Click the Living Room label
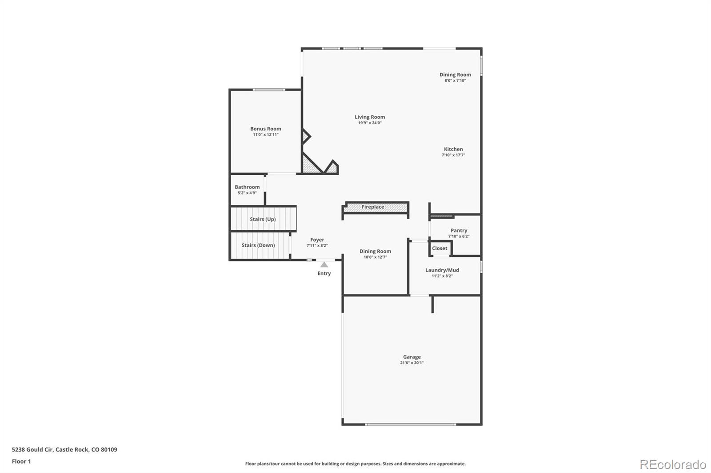pos(370,117)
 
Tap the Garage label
pos(411,357)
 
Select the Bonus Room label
pos(265,129)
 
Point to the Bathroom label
pos(247,187)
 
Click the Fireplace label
pos(372,207)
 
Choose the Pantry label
pos(459,231)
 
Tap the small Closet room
pos(439,248)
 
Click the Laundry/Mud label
pos(442,270)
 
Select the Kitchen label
pos(453,149)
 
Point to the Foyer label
pos(317,240)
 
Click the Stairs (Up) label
pos(263,219)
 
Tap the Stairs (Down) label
pos(258,245)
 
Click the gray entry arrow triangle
pos(324,264)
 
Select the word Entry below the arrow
pos(324,273)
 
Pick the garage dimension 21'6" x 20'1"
pos(411,363)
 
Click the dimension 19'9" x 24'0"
pos(370,123)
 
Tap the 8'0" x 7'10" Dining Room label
pos(455,75)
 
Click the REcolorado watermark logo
pos(673,465)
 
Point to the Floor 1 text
pos(21,461)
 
